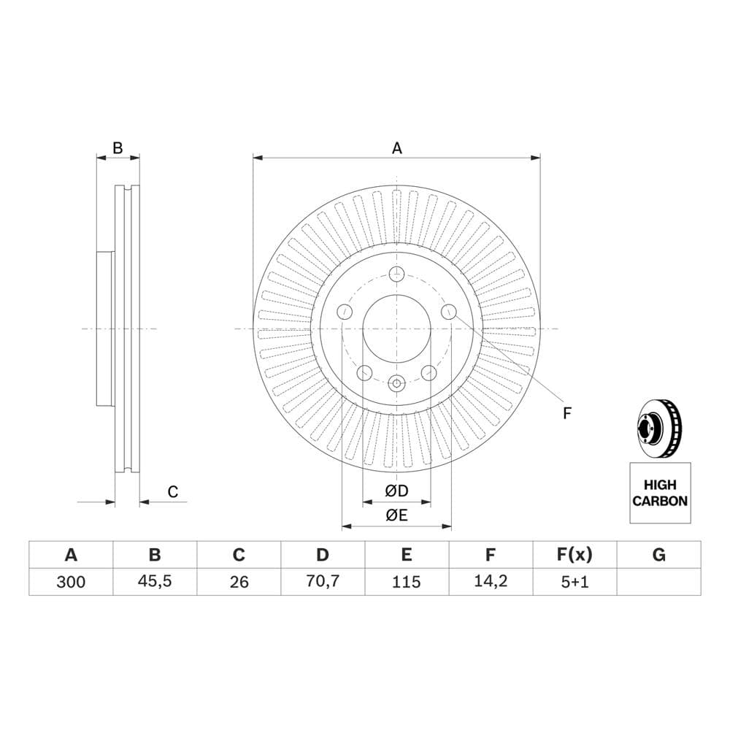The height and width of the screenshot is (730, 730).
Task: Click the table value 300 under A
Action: (x=71, y=582)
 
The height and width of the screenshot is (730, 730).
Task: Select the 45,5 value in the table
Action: (x=155, y=582)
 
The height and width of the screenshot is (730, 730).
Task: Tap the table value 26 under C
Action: (x=239, y=582)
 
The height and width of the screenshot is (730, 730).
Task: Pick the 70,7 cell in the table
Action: (x=323, y=582)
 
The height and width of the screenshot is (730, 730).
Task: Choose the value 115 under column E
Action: (x=407, y=582)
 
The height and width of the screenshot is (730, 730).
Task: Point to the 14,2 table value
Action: (x=491, y=582)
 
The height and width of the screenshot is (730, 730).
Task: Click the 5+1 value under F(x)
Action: (x=575, y=582)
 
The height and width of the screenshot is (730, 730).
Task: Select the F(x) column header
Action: (x=575, y=555)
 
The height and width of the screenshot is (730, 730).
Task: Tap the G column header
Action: (x=658, y=555)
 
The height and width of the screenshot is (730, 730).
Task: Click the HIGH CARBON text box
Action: (x=660, y=493)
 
